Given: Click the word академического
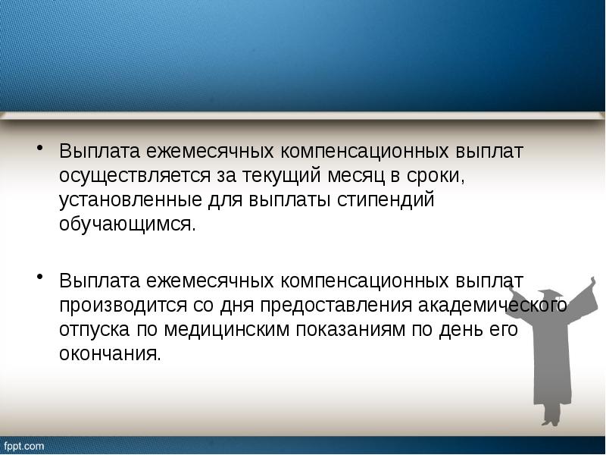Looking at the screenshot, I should (502, 306).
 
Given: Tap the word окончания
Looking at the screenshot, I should (111, 355).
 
